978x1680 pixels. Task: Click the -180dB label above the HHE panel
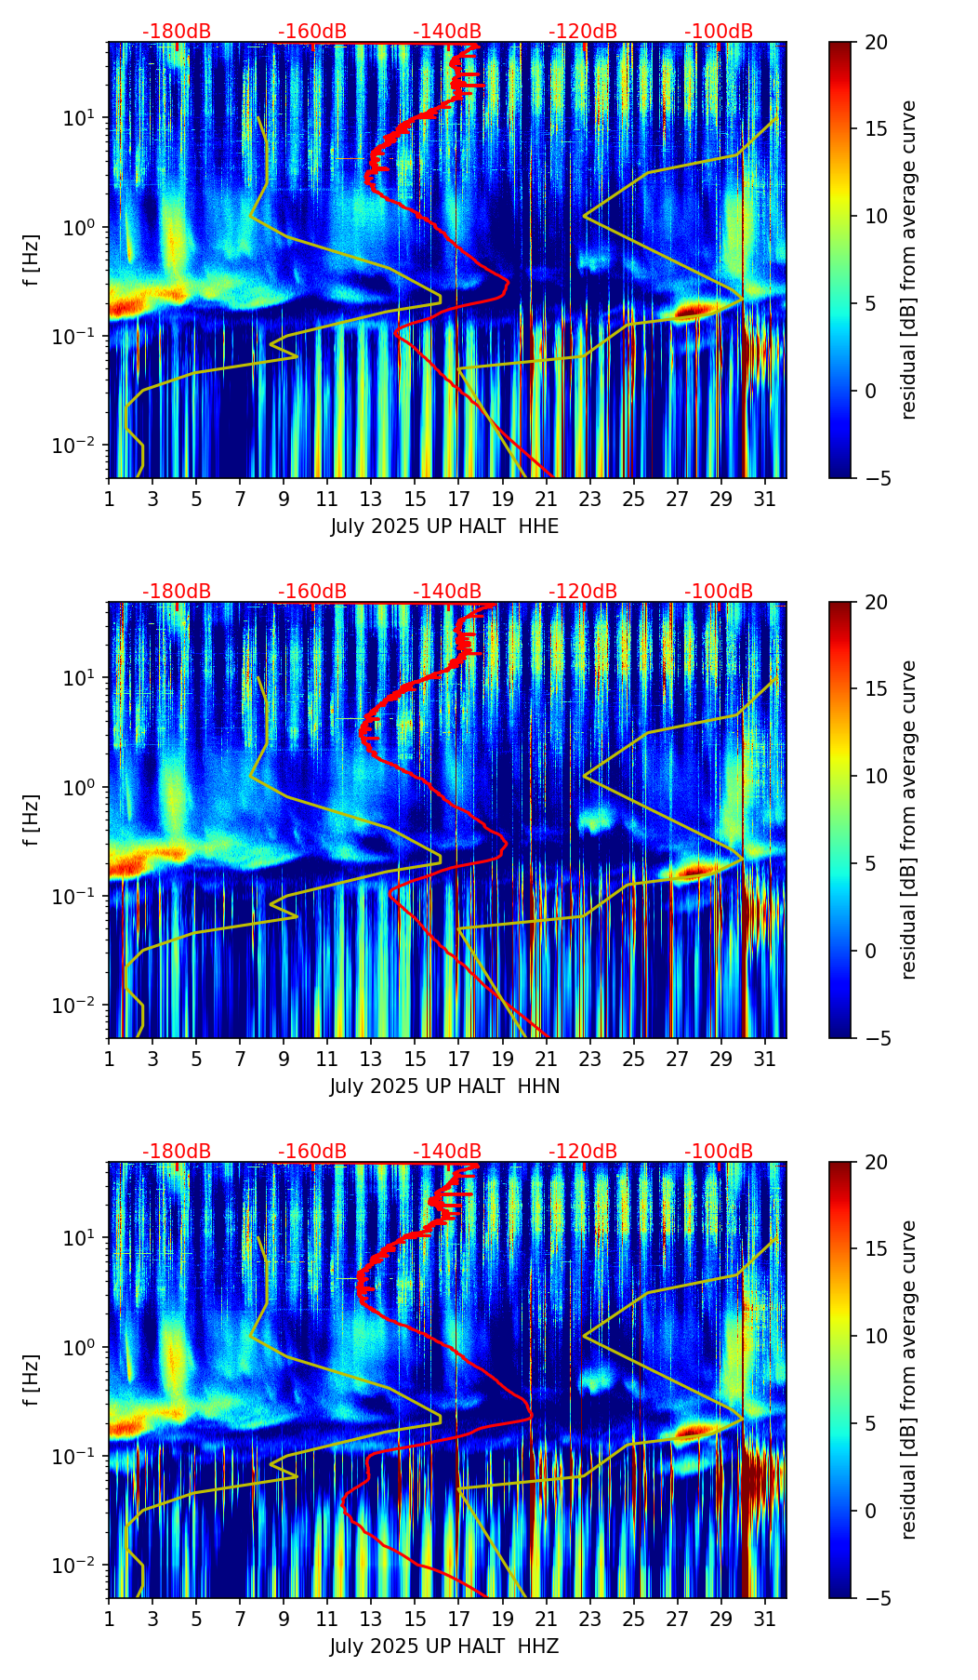tap(177, 32)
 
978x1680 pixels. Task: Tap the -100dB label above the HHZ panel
tap(719, 1152)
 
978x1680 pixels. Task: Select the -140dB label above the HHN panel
tap(447, 592)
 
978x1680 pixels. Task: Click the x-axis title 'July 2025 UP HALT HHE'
tap(444, 527)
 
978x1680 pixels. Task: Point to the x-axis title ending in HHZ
tap(444, 1647)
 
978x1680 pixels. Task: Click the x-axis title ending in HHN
tap(444, 1087)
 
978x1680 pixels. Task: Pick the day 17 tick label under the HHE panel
tap(459, 500)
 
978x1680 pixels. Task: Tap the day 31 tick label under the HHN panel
tap(765, 1060)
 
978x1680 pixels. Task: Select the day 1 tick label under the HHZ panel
tap(110, 1620)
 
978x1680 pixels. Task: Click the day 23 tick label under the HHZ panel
tap(590, 1620)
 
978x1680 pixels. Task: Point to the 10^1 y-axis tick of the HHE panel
tap(81, 118)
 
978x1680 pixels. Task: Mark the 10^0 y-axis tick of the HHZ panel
tap(81, 1347)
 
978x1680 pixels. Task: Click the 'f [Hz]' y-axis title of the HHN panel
tap(32, 820)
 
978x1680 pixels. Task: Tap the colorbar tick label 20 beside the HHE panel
tap(876, 43)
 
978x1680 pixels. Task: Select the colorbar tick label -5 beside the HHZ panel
tap(876, 1598)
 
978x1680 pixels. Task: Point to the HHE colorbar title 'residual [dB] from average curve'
tap(908, 260)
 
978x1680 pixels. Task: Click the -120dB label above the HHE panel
tap(583, 32)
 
